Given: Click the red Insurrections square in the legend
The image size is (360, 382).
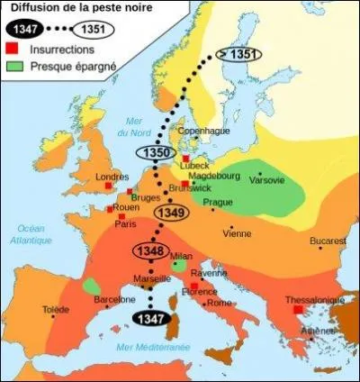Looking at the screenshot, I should (x=12, y=49).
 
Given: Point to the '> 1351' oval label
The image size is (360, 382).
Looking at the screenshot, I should (x=236, y=53).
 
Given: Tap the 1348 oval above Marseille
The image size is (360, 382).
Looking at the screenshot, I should (x=149, y=250).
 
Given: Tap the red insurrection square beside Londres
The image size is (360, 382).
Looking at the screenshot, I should (x=108, y=189).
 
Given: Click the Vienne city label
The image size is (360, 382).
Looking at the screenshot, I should (x=237, y=233).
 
